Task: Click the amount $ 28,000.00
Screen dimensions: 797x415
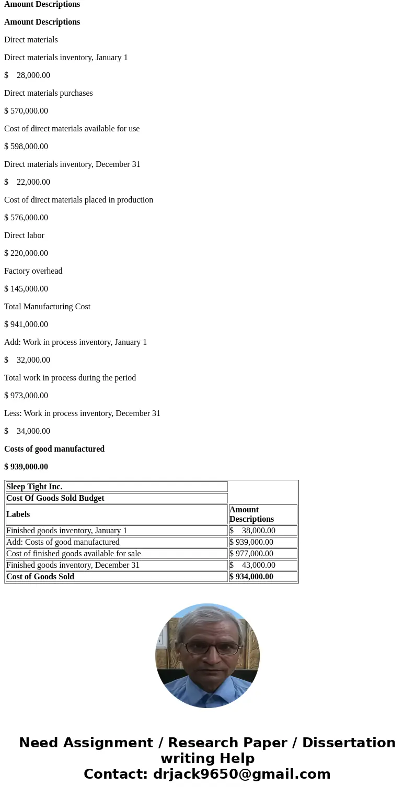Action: click(x=27, y=75)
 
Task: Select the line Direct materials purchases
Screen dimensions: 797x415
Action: click(x=49, y=93)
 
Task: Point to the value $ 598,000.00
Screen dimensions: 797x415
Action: click(x=26, y=147)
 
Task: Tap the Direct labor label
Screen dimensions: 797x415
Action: click(x=24, y=235)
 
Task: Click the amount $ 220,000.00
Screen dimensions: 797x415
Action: click(x=26, y=253)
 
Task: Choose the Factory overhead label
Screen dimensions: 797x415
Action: click(x=33, y=271)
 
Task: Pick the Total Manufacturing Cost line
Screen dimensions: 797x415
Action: click(x=47, y=307)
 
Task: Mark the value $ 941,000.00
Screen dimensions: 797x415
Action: click(x=26, y=324)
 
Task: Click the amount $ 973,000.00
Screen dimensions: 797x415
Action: click(x=26, y=396)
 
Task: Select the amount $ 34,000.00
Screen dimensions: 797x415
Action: click(x=27, y=431)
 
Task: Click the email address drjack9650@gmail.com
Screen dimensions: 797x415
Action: click(x=241, y=774)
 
